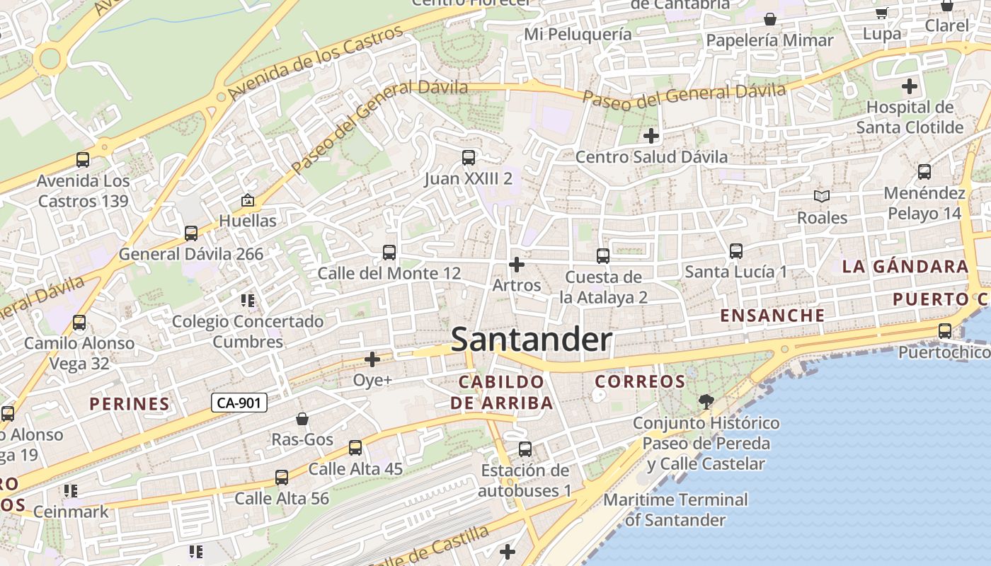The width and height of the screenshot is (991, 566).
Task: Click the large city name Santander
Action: point(531,340)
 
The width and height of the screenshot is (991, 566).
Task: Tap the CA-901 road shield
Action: point(239,403)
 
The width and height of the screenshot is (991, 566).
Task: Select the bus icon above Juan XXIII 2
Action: point(468,158)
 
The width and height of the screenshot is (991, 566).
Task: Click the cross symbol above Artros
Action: point(517,265)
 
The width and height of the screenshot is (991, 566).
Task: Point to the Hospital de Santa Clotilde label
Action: point(910,117)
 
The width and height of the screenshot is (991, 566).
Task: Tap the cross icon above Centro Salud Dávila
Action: point(651,135)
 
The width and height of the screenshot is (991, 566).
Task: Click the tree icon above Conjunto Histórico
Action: point(706,402)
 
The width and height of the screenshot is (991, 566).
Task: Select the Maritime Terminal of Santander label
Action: point(675,510)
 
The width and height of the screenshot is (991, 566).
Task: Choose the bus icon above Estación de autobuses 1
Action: point(525,449)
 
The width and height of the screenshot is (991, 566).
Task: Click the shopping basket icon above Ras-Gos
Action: point(302,419)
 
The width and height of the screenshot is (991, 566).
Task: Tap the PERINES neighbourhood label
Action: point(130,405)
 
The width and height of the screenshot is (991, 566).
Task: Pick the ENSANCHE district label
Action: point(772,316)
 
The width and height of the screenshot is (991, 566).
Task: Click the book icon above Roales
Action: point(821,196)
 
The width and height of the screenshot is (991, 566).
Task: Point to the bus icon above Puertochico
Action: point(944,330)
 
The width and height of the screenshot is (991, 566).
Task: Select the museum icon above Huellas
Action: point(247,201)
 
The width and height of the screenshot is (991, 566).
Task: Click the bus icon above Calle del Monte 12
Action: point(389,252)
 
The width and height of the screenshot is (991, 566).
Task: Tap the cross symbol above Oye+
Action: point(372,359)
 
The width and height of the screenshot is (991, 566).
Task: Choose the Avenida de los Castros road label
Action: point(316,63)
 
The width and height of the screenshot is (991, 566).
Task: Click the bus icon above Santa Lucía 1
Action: point(735,250)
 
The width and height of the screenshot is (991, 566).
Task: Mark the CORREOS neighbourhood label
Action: point(640,382)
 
